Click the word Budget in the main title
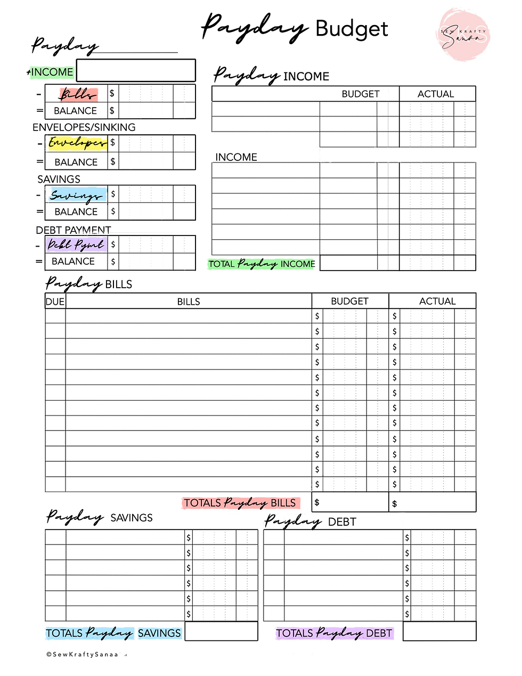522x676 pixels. [x=352, y=29]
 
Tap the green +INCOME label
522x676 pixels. [x=52, y=72]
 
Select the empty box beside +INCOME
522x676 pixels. [x=136, y=70]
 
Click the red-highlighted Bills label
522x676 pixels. [x=78, y=94]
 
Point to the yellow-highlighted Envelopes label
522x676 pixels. [x=77, y=143]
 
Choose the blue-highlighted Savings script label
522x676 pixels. [x=76, y=195]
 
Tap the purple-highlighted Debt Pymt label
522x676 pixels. [x=76, y=245]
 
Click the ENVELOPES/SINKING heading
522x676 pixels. [x=84, y=127]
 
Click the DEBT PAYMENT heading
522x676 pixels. [x=74, y=230]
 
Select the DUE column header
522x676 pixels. [x=55, y=302]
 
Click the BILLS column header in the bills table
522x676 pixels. [x=189, y=302]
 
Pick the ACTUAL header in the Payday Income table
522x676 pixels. [x=436, y=94]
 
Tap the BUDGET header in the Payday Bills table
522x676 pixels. [x=349, y=302]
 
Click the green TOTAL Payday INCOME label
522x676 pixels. [x=262, y=264]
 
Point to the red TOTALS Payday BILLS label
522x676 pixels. [x=240, y=503]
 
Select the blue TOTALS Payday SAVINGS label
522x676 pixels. [x=113, y=633]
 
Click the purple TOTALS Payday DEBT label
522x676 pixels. [x=334, y=633]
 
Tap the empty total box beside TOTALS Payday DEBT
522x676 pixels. [x=439, y=631]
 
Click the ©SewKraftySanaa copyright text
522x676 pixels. [x=83, y=654]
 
